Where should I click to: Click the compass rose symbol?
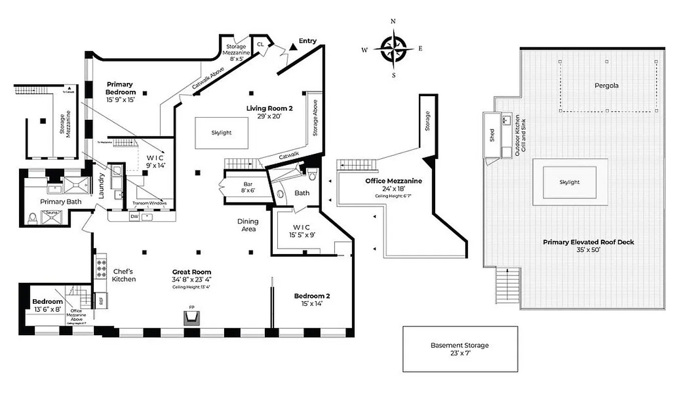(394, 49)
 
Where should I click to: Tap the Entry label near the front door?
(307, 41)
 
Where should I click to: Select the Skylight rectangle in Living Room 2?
(221, 133)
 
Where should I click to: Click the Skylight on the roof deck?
(569, 182)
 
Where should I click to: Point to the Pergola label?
(607, 85)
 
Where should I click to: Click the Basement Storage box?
(459, 349)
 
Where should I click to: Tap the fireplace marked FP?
(191, 317)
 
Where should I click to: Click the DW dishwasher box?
(134, 217)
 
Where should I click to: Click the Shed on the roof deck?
(491, 135)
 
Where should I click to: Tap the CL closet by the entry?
(260, 44)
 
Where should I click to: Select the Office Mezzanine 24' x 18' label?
(393, 184)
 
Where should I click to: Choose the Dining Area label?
(248, 225)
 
